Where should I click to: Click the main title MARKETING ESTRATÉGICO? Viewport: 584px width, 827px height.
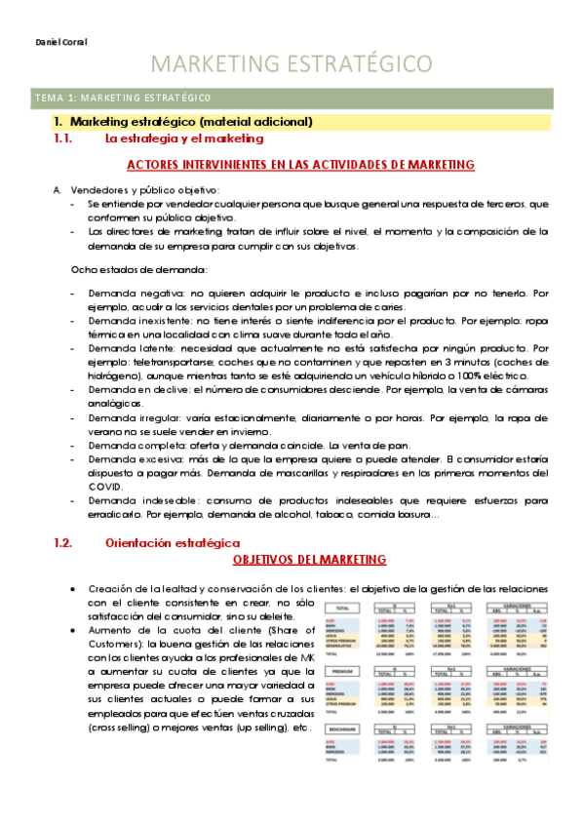point(292,64)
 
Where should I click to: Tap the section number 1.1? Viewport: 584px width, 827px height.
point(63,139)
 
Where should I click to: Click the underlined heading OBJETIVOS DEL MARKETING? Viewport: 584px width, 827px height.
point(309,559)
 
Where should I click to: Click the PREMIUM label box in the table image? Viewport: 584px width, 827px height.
point(341,672)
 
